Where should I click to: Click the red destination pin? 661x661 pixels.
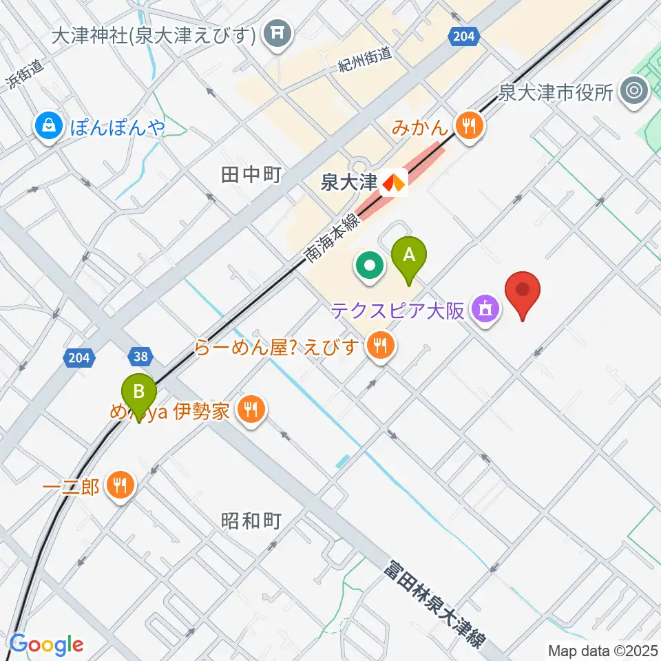(523, 292)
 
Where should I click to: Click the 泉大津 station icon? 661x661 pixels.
(395, 182)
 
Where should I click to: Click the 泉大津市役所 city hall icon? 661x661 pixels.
(634, 92)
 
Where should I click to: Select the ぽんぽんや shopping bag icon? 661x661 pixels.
(50, 125)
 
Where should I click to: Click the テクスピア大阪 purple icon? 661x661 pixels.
(485, 309)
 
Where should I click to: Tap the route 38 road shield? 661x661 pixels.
(140, 356)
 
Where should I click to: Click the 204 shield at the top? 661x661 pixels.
(463, 36)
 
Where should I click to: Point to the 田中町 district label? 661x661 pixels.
(250, 175)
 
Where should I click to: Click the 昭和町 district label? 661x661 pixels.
(251, 521)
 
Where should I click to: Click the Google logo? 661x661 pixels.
(46, 644)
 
